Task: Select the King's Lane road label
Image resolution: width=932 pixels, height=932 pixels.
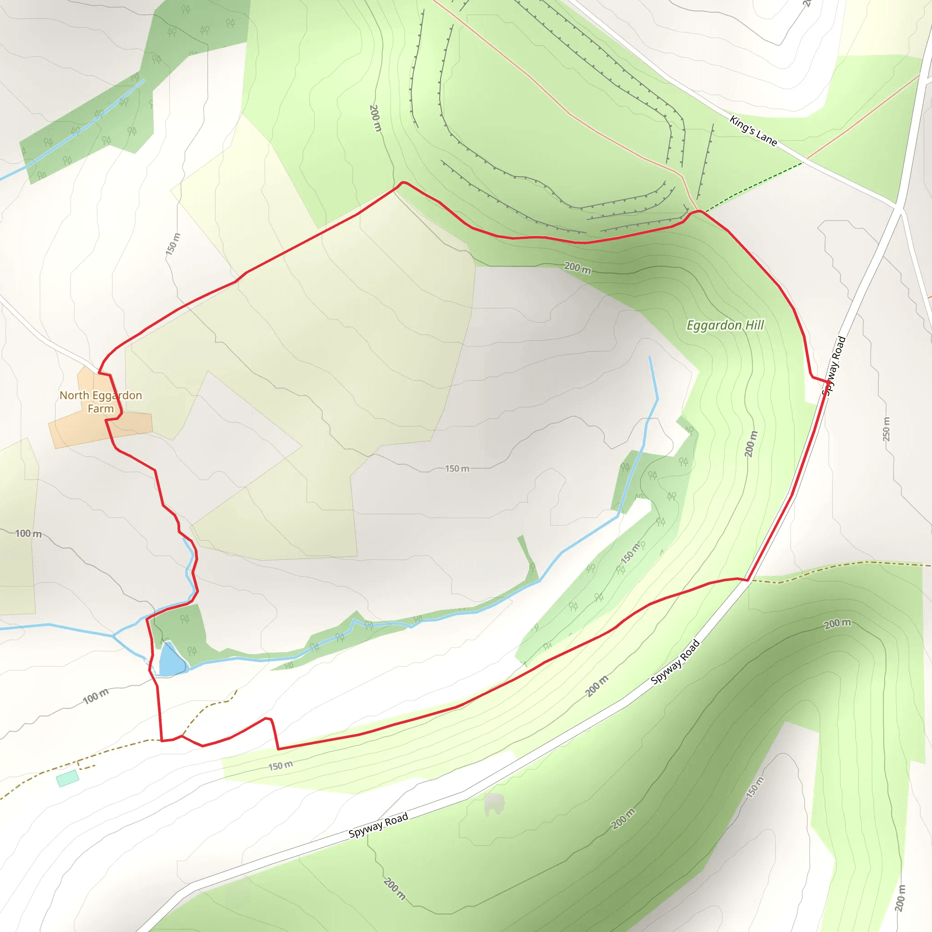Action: pyautogui.click(x=753, y=130)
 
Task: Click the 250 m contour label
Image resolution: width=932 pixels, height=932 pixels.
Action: pyautogui.click(x=886, y=429)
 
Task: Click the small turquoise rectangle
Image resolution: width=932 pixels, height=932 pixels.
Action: pyautogui.click(x=67, y=778)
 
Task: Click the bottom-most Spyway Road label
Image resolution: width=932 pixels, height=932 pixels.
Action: pyautogui.click(x=378, y=826)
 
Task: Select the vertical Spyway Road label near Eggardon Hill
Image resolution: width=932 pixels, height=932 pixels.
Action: pyautogui.click(x=834, y=365)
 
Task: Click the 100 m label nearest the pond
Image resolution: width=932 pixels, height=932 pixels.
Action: pyautogui.click(x=96, y=696)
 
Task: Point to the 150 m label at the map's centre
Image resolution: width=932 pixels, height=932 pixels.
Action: pyautogui.click(x=456, y=468)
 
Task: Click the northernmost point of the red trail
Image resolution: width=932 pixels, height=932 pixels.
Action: pyautogui.click(x=403, y=182)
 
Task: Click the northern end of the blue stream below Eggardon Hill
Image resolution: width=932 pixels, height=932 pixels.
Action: pyautogui.click(x=650, y=357)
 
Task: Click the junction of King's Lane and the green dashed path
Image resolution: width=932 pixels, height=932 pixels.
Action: pyautogui.click(x=804, y=162)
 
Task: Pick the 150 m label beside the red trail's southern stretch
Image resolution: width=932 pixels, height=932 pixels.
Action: pyautogui.click(x=280, y=765)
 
